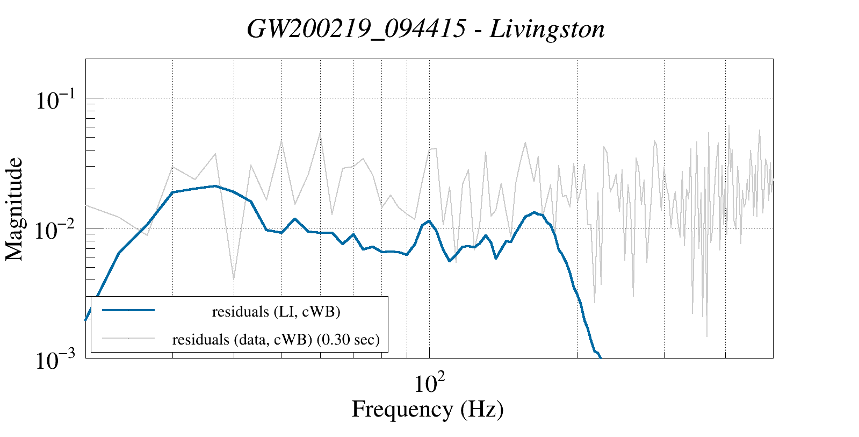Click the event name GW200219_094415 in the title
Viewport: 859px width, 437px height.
click(356, 29)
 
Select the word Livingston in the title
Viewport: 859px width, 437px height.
click(547, 29)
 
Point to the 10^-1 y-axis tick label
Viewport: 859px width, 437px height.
click(55, 101)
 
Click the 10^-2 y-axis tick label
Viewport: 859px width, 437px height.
click(55, 230)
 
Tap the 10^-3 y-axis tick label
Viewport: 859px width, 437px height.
click(55, 361)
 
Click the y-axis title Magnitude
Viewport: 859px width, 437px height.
click(15, 210)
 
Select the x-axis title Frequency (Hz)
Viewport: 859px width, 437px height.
click(428, 409)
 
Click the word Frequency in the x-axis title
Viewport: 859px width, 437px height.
click(402, 409)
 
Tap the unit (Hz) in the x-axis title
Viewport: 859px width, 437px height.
click(482, 409)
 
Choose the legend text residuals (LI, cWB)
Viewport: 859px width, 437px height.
click(276, 312)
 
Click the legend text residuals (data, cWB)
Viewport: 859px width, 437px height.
click(242, 340)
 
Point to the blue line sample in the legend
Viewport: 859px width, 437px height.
click(128, 310)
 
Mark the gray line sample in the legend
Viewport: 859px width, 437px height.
click(128, 338)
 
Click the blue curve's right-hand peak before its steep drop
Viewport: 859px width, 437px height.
click(533, 212)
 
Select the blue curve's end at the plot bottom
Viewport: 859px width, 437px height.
click(600, 357)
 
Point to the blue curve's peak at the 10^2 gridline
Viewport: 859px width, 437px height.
click(429, 221)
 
